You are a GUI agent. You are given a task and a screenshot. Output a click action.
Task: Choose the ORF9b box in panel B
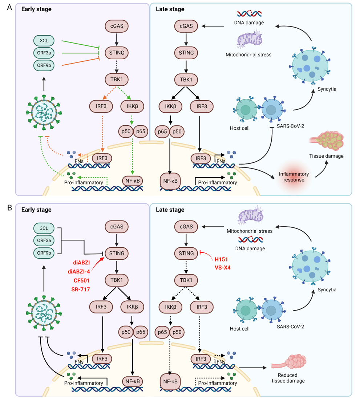pyautogui.click(x=43, y=252)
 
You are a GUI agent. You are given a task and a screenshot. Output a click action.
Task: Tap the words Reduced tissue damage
pyautogui.click(x=290, y=378)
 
